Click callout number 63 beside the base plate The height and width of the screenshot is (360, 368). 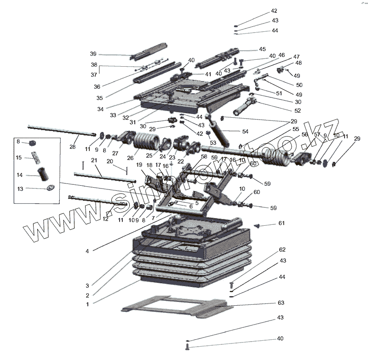coord(281,303)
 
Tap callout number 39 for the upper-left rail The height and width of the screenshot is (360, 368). coord(93,54)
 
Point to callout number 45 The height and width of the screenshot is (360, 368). coord(262,49)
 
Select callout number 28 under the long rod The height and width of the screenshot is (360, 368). coord(73,147)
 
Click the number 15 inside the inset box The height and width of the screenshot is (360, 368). coord(19,158)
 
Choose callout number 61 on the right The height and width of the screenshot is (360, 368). coord(282,223)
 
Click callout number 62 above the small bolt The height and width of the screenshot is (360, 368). coord(282,250)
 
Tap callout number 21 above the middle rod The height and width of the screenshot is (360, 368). coord(94,160)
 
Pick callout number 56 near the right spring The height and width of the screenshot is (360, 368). coord(305,135)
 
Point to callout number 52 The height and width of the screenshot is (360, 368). coord(297,110)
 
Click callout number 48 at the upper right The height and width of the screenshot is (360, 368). coord(298,63)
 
